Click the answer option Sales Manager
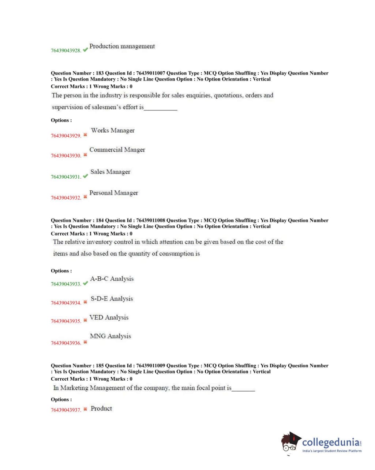click(x=110, y=172)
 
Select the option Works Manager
click(x=113, y=130)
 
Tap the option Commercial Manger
click(x=117, y=150)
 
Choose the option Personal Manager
click(x=114, y=193)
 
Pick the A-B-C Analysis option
click(x=112, y=279)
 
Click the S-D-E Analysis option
click(x=112, y=299)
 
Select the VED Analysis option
click(x=109, y=317)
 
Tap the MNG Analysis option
click(x=110, y=336)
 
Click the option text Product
click(x=101, y=409)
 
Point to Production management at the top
click(x=122, y=46)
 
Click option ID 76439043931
click(x=66, y=177)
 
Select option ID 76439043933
click(x=66, y=284)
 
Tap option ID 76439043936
click(x=66, y=343)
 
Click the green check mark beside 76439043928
click(x=85, y=49)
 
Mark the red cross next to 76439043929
click(x=85, y=135)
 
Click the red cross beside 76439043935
click(x=85, y=320)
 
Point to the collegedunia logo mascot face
click(x=290, y=443)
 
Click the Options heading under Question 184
click(x=61, y=271)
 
